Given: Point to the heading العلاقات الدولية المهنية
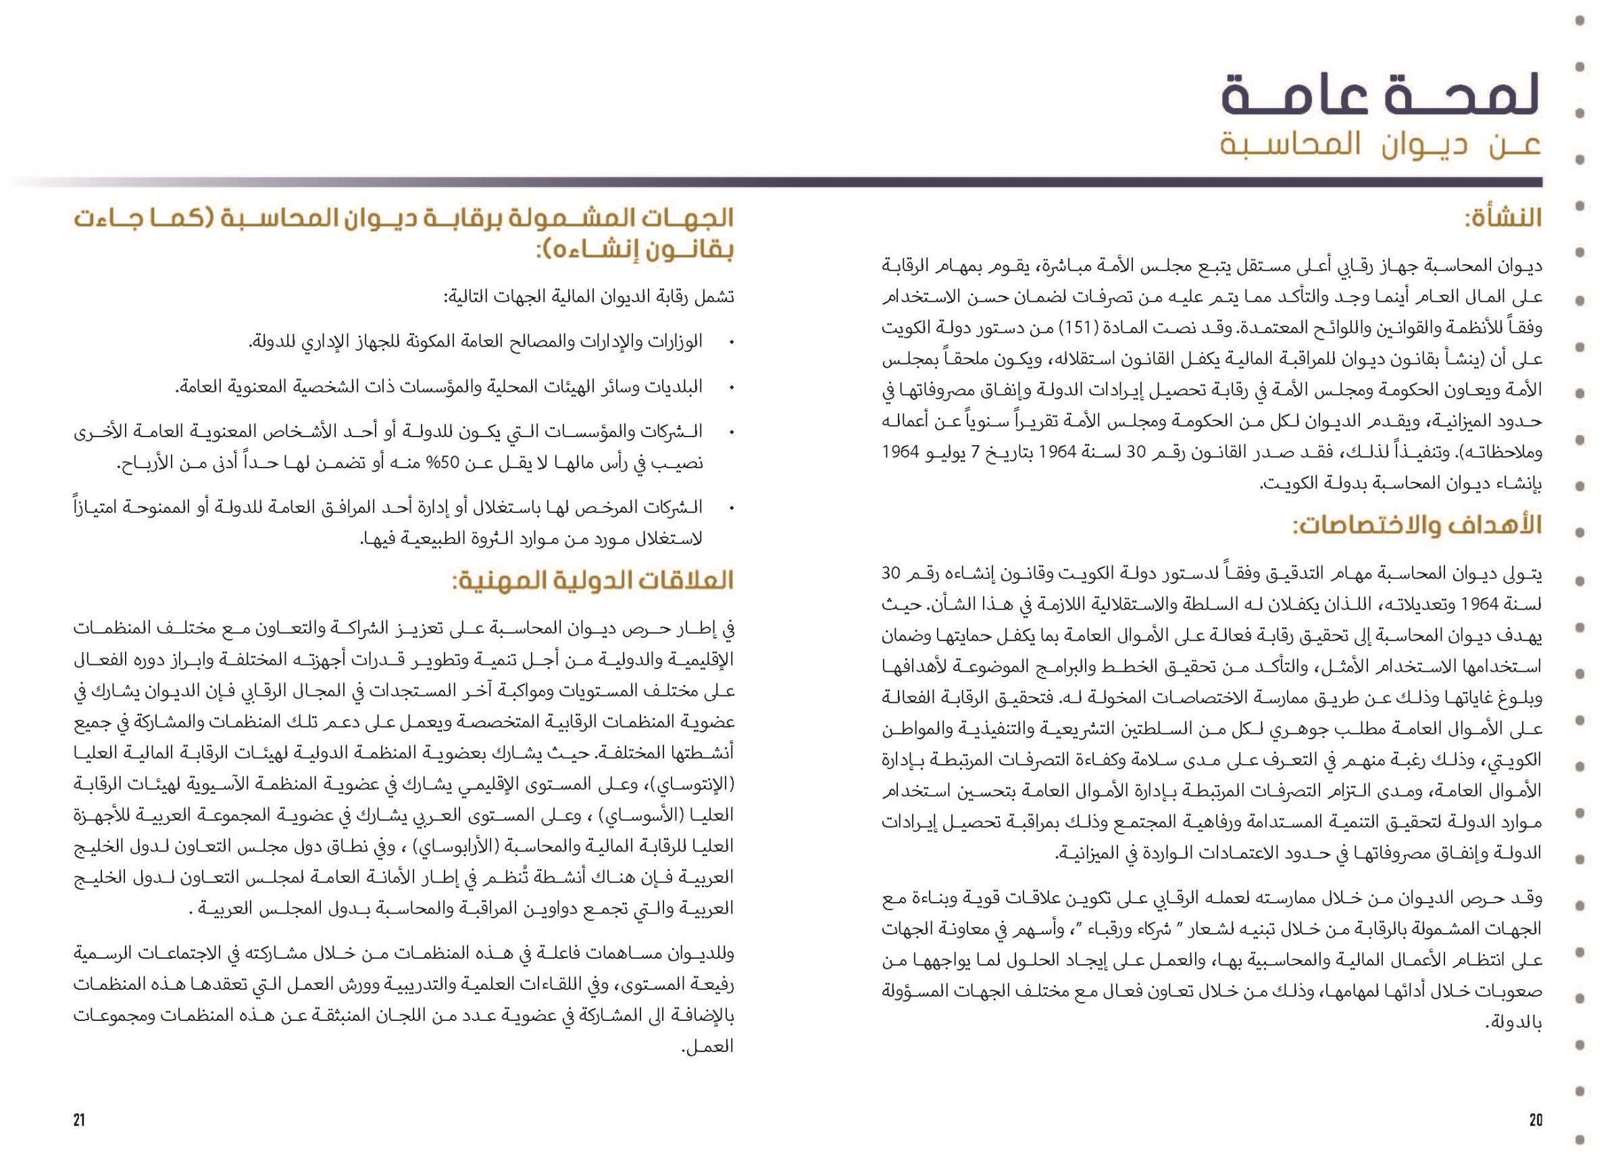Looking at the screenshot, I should [x=591, y=580].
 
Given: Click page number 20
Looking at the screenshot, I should [x=1536, y=1120].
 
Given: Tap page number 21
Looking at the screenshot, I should [x=79, y=1120].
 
